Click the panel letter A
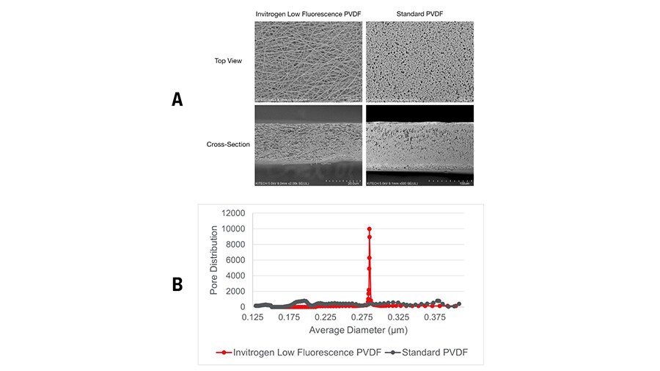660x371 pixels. [177, 99]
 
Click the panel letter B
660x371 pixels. [177, 284]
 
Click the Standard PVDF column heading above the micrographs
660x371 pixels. [419, 14]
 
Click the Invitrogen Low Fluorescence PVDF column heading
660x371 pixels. [308, 14]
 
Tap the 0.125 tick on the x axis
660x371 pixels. [253, 317]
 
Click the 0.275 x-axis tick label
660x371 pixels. [362, 317]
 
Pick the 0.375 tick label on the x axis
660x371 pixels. [436, 317]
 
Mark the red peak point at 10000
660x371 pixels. [370, 229]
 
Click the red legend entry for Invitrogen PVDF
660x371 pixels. [301, 353]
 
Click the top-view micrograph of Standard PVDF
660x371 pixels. [419, 61]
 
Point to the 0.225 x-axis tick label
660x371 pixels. [326, 317]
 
